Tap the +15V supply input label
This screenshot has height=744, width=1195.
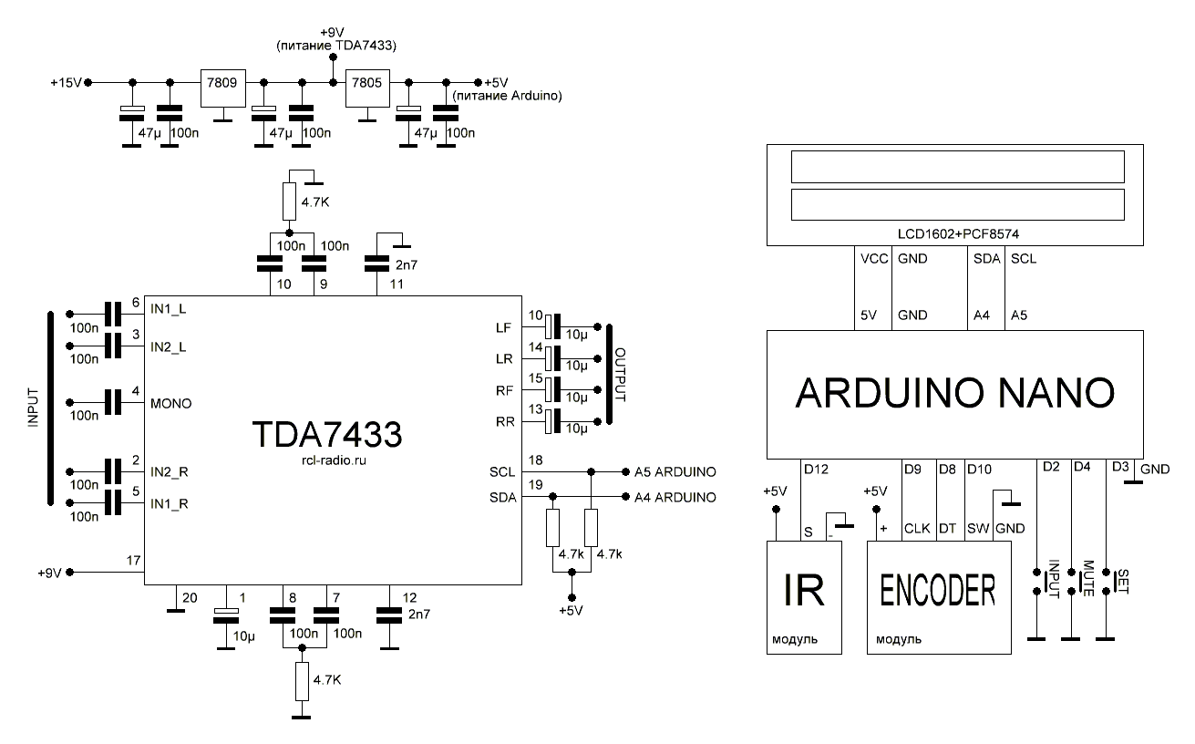[67, 83]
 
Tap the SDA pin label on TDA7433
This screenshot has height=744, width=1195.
[501, 497]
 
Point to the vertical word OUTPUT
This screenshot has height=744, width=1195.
[621, 373]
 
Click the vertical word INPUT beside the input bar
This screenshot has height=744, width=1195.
[34, 408]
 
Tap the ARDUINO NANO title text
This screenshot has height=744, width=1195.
[954, 392]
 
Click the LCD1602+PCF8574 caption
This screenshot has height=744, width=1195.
[956, 233]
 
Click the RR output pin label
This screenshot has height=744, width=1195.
[503, 422]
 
